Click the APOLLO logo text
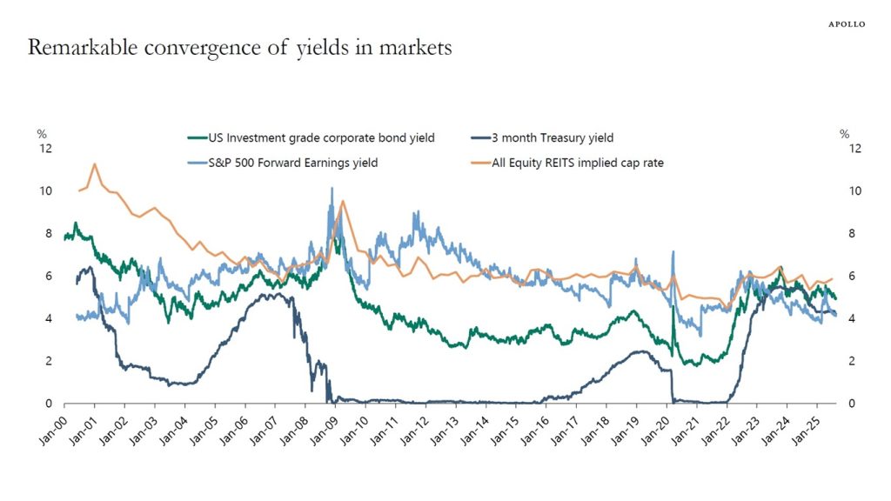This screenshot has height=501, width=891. point(846,24)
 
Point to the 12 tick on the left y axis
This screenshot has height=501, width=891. point(46,149)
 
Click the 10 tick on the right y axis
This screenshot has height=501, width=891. point(855,191)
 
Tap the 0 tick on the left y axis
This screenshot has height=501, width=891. point(49,404)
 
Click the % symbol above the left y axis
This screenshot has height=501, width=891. point(41,134)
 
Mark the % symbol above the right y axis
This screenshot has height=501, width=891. point(844,134)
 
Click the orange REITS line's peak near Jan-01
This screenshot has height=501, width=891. point(94,164)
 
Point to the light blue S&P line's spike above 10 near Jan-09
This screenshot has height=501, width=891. point(331,189)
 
